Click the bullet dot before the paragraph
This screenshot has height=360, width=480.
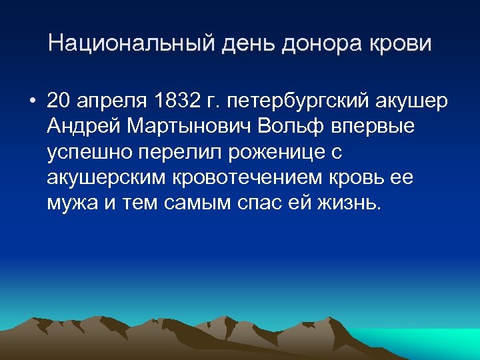click(31, 101)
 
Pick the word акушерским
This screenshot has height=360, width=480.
click(105, 177)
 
